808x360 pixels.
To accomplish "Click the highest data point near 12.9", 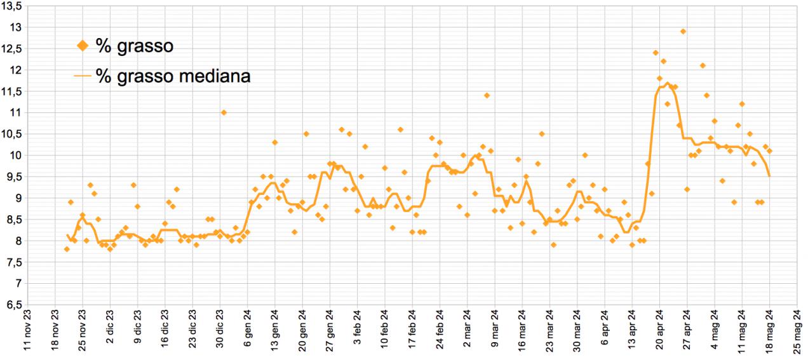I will point(683,31).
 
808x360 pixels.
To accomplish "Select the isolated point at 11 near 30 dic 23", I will point(224,112).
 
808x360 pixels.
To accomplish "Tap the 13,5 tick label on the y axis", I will point(14,6).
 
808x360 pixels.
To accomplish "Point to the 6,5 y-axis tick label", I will point(14,305).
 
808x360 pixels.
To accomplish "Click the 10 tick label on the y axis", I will point(17,155).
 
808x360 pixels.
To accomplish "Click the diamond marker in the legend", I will point(82,45).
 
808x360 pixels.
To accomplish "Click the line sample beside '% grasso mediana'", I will point(82,76).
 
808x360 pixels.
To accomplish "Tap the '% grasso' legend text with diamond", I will point(135,45).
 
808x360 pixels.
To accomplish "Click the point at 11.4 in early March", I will point(487,95).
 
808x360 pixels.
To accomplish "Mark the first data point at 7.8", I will point(67,249).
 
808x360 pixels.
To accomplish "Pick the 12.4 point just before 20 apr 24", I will point(656,53).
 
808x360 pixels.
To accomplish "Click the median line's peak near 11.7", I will point(667,83).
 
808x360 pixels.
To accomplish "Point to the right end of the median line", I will point(770,177).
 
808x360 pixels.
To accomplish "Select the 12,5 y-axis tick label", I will point(14,48).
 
